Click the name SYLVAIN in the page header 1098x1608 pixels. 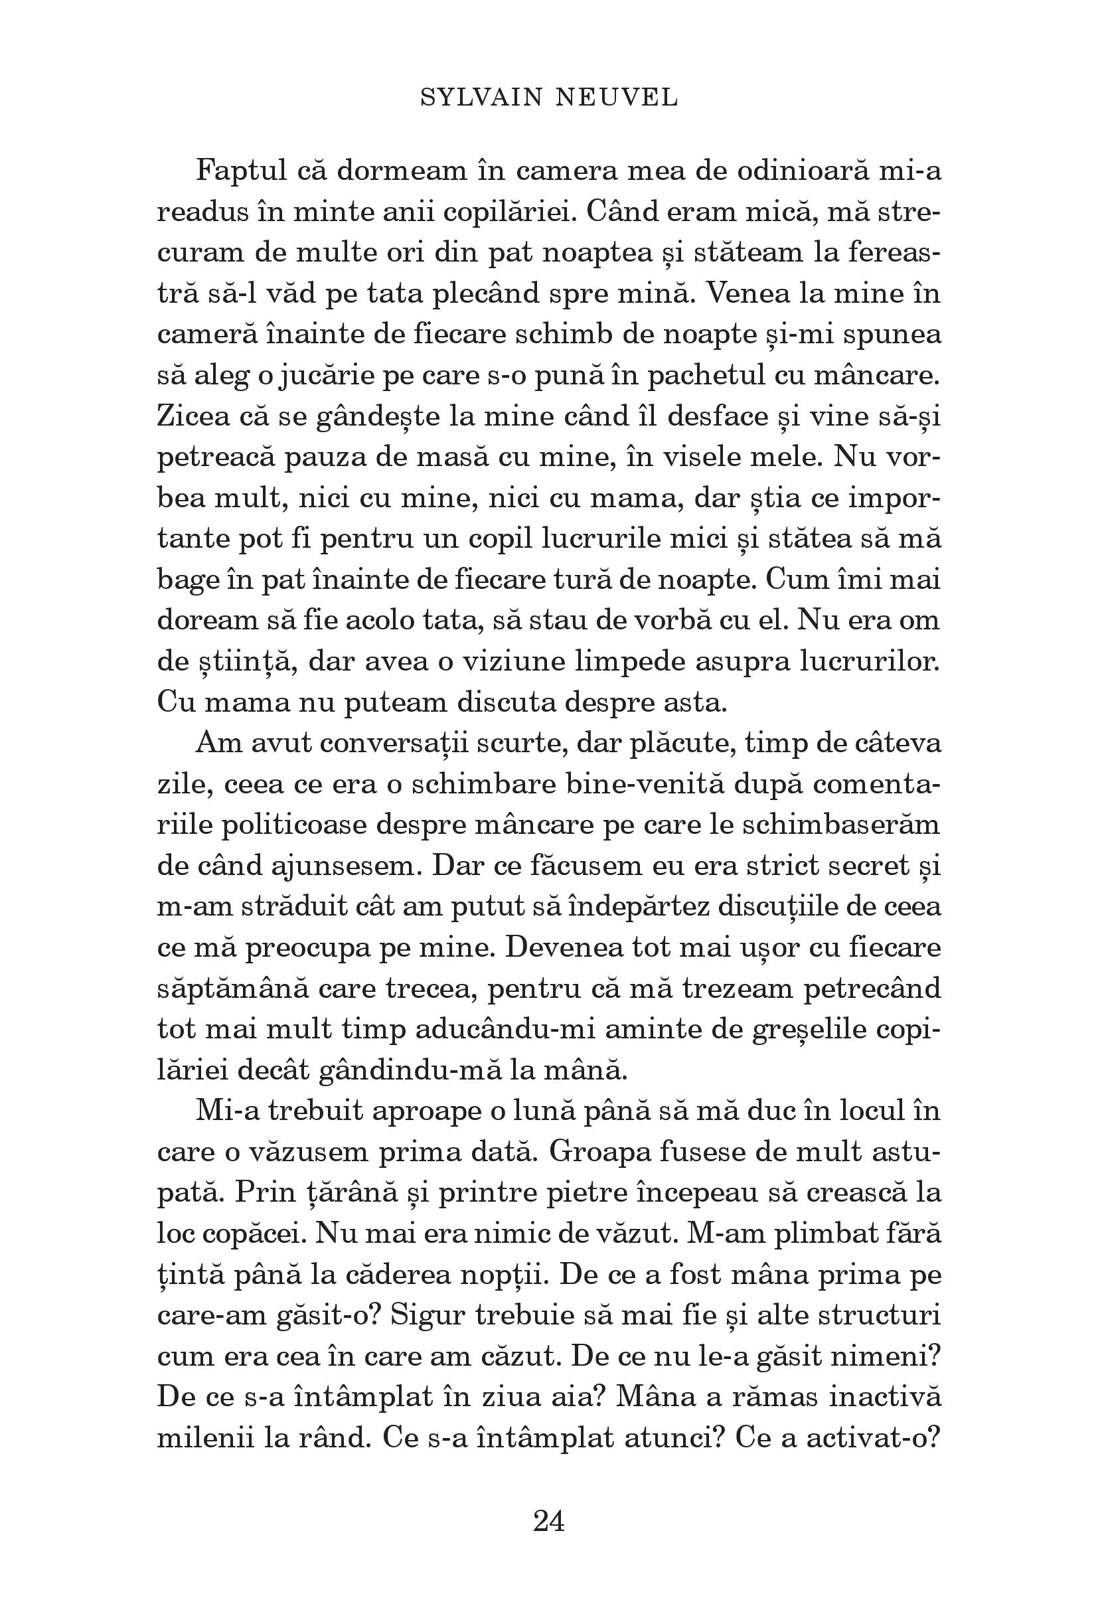[x=481, y=98]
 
